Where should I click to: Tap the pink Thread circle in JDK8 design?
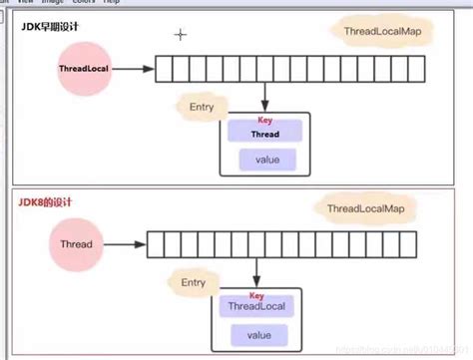[x=77, y=244]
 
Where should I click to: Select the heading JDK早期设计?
[x=51, y=27]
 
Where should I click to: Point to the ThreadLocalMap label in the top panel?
[x=372, y=33]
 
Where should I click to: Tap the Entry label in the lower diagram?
[x=194, y=282]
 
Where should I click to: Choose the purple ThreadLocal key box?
[x=258, y=308]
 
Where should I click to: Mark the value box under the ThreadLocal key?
[x=258, y=335]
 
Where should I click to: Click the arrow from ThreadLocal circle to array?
[x=135, y=69]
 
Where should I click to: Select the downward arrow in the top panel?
[x=264, y=97]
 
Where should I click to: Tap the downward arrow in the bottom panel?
[x=259, y=271]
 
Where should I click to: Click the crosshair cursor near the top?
[x=181, y=35]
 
